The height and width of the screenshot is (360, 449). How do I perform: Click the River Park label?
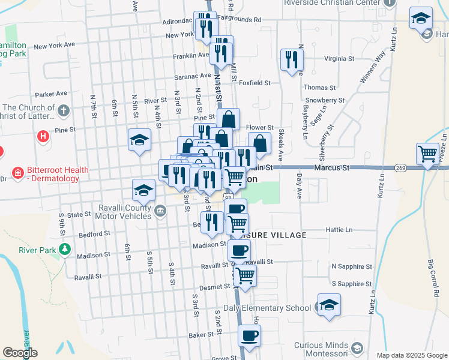35,250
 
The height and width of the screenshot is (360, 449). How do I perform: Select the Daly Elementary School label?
267,308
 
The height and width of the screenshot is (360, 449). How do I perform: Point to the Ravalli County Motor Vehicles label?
116,211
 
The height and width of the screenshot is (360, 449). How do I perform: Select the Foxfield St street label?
255,83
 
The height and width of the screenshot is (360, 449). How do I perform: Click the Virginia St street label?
339,59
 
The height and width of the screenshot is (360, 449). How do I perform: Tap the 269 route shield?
401,169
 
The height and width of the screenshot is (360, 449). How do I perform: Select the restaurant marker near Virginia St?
292,59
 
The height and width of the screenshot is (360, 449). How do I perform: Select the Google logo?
20,353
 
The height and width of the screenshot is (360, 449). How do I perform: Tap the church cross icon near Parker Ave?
64,110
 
